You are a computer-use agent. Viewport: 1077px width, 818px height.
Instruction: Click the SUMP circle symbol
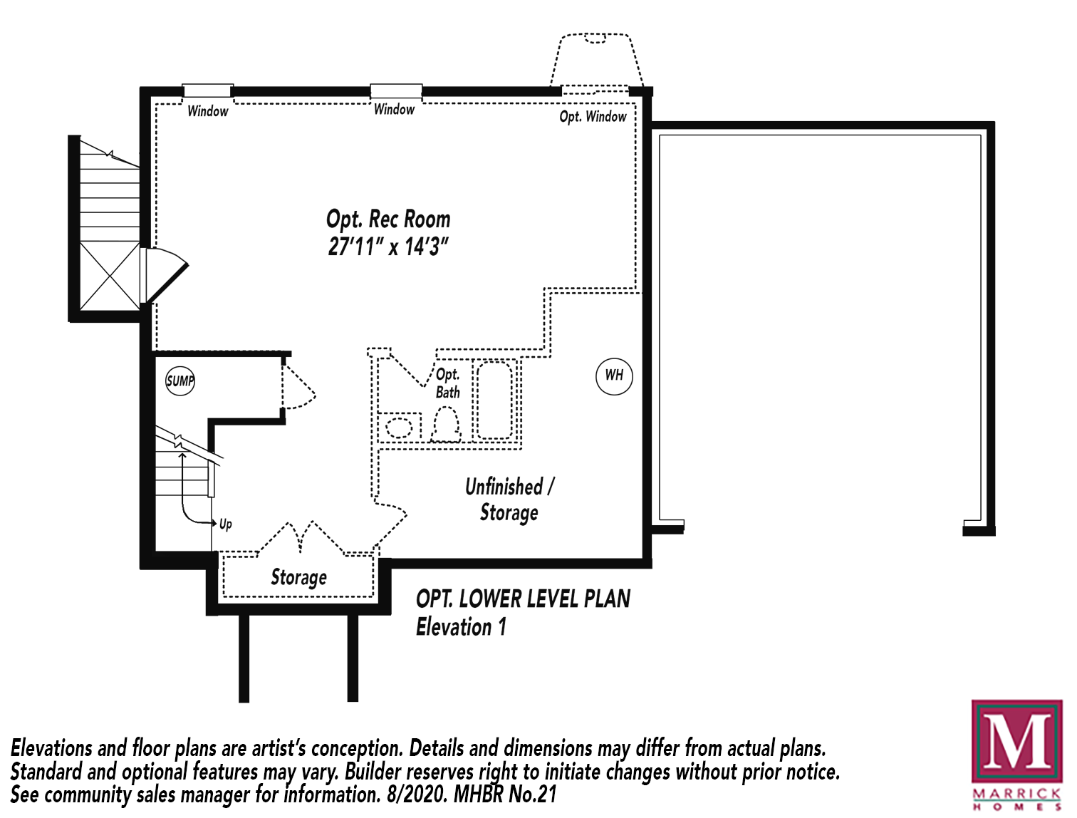[x=180, y=380]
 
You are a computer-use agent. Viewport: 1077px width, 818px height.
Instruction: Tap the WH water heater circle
[x=614, y=376]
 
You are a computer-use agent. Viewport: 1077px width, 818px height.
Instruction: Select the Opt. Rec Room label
[x=388, y=219]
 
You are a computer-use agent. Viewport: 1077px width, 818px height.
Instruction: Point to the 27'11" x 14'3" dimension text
[x=388, y=247]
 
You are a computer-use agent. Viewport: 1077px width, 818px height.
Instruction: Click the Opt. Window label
[x=593, y=117]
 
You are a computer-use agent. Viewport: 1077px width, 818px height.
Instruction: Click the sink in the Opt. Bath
[x=399, y=428]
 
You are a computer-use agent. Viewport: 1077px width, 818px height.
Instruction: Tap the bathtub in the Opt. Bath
[x=494, y=400]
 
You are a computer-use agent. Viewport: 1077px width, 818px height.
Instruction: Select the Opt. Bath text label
[x=448, y=383]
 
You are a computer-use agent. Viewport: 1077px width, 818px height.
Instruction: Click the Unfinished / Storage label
[x=509, y=499]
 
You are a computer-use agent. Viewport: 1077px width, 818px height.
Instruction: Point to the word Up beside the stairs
[x=226, y=524]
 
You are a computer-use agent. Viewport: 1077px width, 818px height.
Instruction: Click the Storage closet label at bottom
[x=298, y=577]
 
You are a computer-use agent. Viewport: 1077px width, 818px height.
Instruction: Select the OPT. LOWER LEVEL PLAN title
[x=523, y=599]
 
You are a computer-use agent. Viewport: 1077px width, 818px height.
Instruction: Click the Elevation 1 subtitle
[x=461, y=627]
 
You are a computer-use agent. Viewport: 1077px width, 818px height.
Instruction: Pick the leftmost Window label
[x=208, y=111]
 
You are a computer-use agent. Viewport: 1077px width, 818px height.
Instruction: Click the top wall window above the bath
[x=396, y=91]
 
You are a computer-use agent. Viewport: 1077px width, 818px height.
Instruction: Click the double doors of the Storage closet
[x=301, y=538]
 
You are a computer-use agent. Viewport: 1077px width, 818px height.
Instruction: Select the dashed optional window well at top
[x=596, y=61]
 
